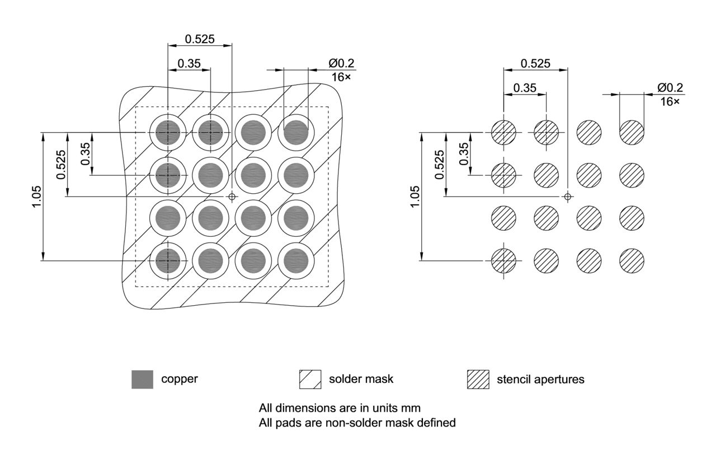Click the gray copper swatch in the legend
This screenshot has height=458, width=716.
142,380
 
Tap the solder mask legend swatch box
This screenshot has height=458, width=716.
310,380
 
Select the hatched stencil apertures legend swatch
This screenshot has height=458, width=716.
478,380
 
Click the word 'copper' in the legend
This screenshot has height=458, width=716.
180,379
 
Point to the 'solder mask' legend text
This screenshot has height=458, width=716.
361,379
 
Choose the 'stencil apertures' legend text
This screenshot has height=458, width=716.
540,380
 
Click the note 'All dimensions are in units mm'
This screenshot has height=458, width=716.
340,407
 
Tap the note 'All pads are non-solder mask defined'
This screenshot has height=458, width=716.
357,423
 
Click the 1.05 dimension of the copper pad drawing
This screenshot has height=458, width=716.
36,197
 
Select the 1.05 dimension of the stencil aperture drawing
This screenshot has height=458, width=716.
414,197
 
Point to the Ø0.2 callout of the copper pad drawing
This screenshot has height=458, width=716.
341,63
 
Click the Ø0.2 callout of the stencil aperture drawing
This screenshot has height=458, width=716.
670,88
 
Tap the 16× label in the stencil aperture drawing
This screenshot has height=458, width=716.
670,101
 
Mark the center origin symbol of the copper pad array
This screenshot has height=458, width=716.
232,197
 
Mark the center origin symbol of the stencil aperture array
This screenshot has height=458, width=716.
568,197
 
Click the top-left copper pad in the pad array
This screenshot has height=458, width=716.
167,133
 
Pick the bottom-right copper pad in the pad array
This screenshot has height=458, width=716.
296,260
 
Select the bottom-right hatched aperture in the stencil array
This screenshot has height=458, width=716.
632,260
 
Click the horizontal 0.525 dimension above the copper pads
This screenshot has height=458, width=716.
200,39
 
